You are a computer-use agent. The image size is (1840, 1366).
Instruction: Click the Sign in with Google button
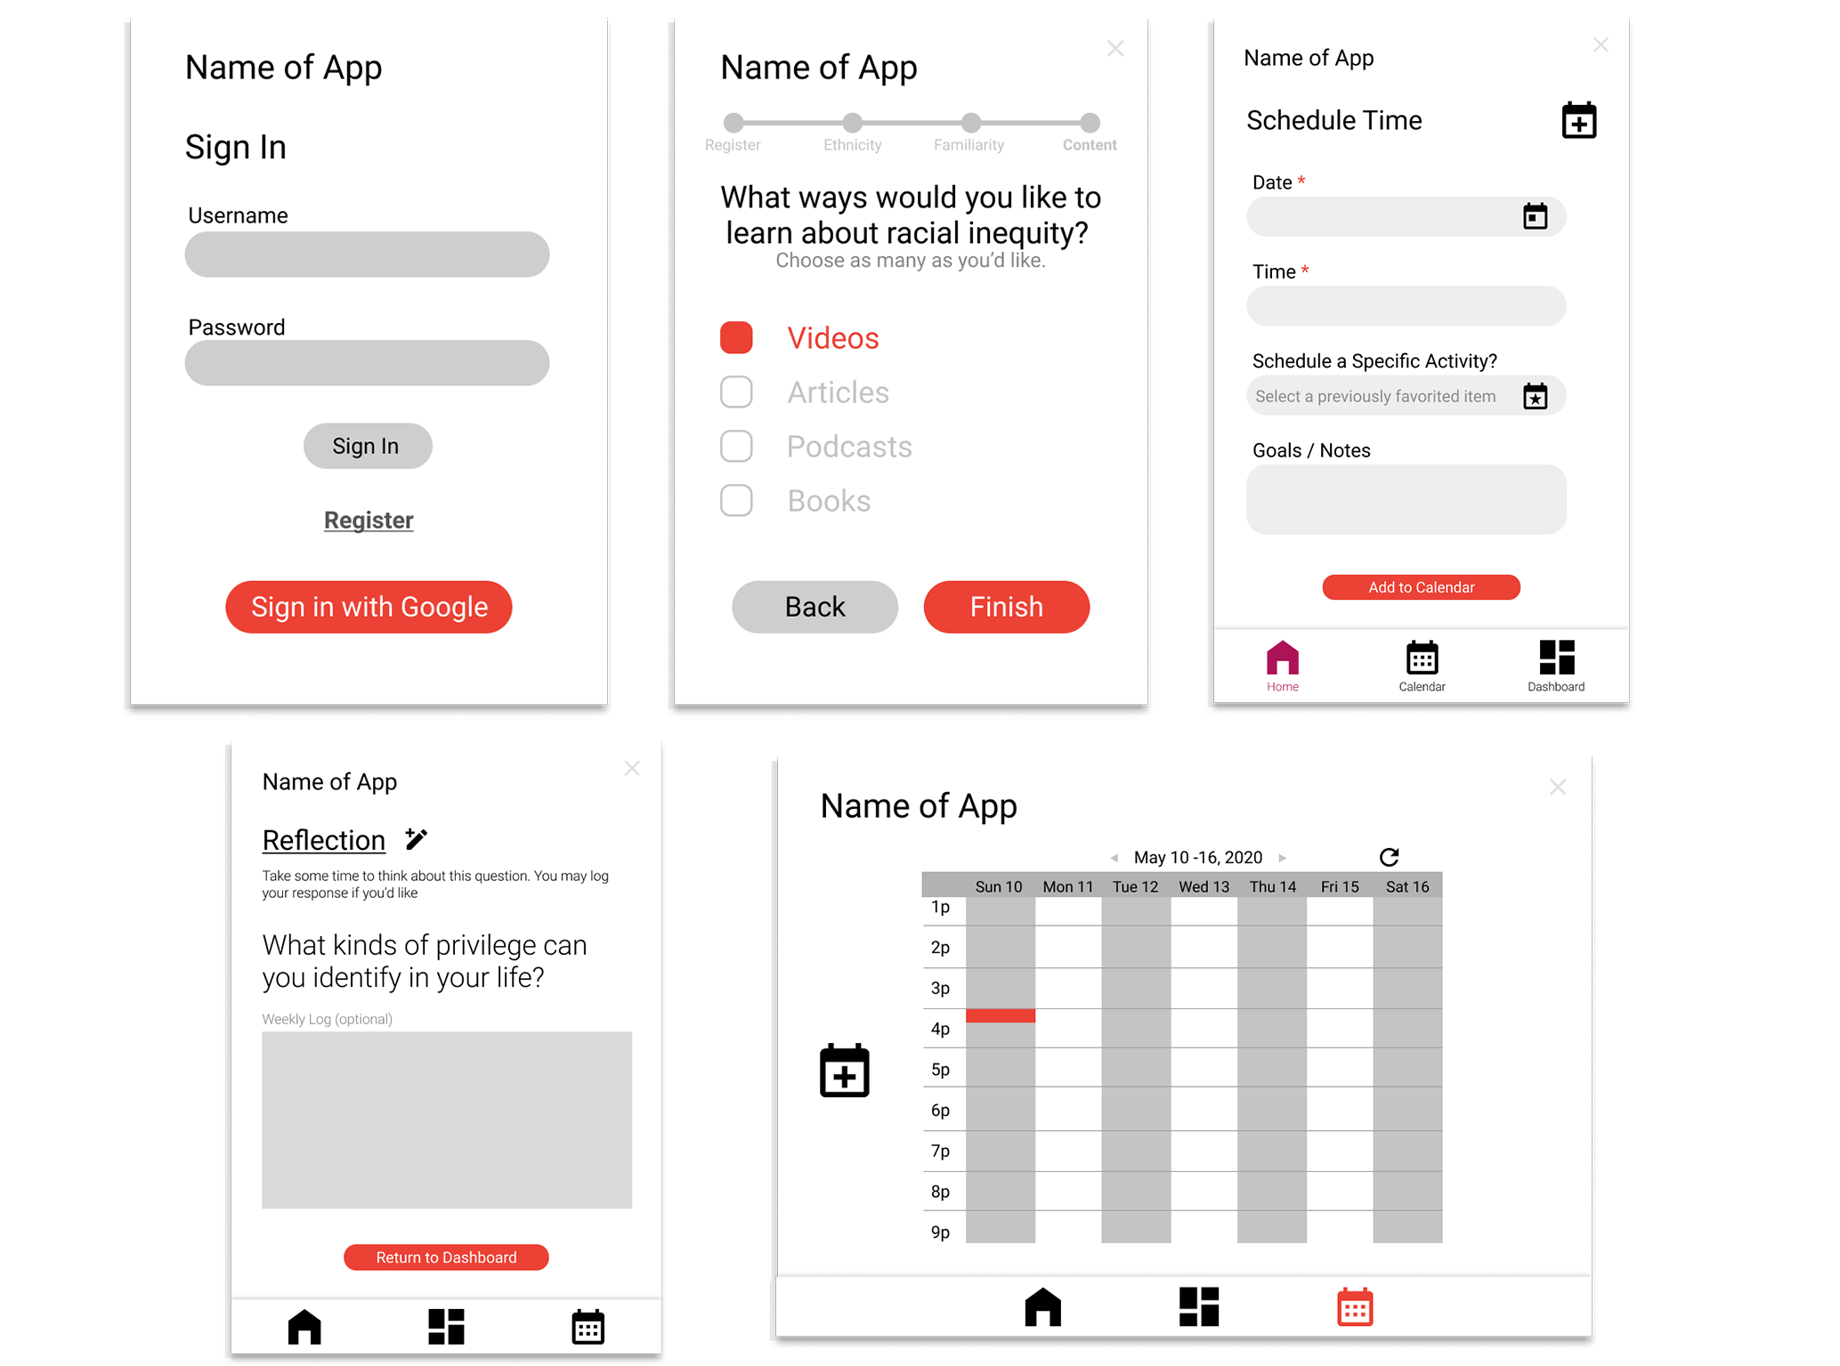pos(369,607)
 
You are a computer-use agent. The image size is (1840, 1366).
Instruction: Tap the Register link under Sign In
pos(369,521)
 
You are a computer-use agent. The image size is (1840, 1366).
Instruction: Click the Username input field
pos(367,255)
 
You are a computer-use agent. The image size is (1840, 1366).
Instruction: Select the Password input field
pos(367,363)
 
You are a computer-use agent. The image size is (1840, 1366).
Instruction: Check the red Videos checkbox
pos(736,338)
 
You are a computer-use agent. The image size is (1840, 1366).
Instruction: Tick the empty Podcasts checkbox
pos(736,447)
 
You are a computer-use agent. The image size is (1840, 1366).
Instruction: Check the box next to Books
pos(736,501)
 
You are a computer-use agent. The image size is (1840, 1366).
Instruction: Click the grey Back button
pos(815,607)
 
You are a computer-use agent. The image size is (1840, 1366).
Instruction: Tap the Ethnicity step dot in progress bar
pos(853,122)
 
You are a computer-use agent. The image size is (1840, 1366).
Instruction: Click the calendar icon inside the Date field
pos(1536,216)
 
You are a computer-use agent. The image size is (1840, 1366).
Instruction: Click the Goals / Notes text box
pos(1406,499)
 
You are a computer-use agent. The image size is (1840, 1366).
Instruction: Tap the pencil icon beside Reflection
pos(416,838)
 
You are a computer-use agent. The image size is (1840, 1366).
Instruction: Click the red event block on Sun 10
pos(1001,1015)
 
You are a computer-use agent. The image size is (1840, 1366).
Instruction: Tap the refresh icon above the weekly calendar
pos(1389,857)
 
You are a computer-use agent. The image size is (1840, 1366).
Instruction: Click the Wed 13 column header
pos(1204,886)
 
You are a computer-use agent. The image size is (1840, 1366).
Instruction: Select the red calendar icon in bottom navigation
pos(1355,1306)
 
